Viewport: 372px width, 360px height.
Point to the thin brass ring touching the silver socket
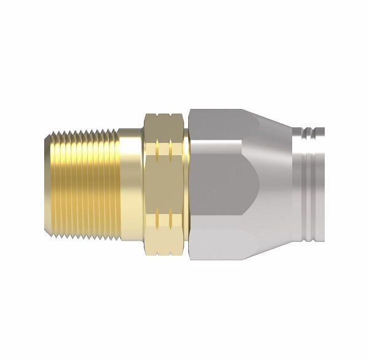(x=186, y=185)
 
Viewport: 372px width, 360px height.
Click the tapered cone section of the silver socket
(x=271, y=185)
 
